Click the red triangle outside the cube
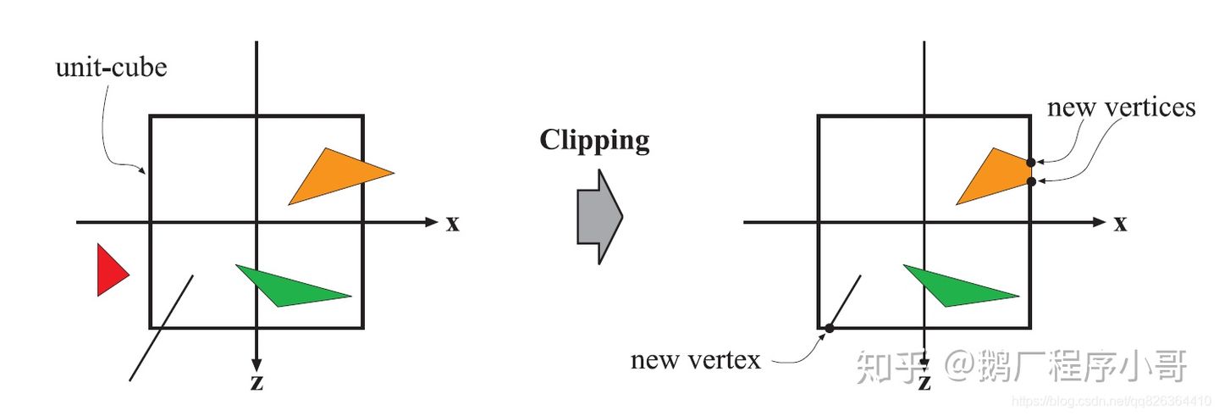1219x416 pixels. pos(109,270)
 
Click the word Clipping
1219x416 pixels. pos(594,141)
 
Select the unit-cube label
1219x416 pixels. pos(111,67)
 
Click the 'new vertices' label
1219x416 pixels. pos(1121,108)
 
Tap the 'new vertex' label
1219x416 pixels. pos(695,360)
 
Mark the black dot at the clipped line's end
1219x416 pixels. pos(829,328)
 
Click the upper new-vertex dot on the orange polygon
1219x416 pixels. pos(1030,163)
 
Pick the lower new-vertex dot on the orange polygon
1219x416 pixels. pos(1030,181)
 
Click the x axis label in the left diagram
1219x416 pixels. pos(453,224)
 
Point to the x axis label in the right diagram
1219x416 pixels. pos(1120,224)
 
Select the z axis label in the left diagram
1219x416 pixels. pos(256,382)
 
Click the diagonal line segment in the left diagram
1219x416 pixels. pos(162,326)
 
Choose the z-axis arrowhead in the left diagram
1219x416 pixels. pos(256,363)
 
